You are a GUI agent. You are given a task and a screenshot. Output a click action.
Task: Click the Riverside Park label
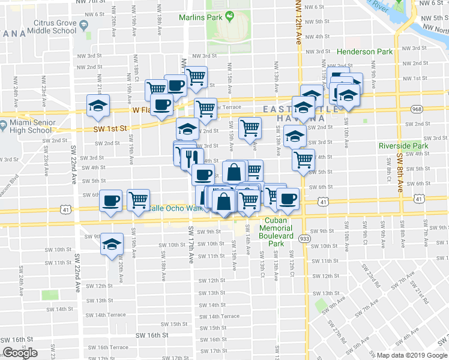403,146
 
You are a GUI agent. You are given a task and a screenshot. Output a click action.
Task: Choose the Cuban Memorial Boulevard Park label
276,228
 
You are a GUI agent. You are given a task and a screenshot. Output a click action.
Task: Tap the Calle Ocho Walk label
172,208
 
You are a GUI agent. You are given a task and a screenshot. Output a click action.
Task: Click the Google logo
20,353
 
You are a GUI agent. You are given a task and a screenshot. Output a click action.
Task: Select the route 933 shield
305,238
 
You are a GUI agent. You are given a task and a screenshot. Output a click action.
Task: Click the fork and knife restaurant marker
191,158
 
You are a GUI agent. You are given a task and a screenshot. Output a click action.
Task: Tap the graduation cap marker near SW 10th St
112,244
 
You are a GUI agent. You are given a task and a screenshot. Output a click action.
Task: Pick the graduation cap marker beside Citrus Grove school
98,106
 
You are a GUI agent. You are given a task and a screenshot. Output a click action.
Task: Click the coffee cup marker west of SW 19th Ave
111,200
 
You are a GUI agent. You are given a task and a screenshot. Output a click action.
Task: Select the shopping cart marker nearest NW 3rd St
196,76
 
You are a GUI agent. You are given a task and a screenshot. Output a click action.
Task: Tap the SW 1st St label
112,128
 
